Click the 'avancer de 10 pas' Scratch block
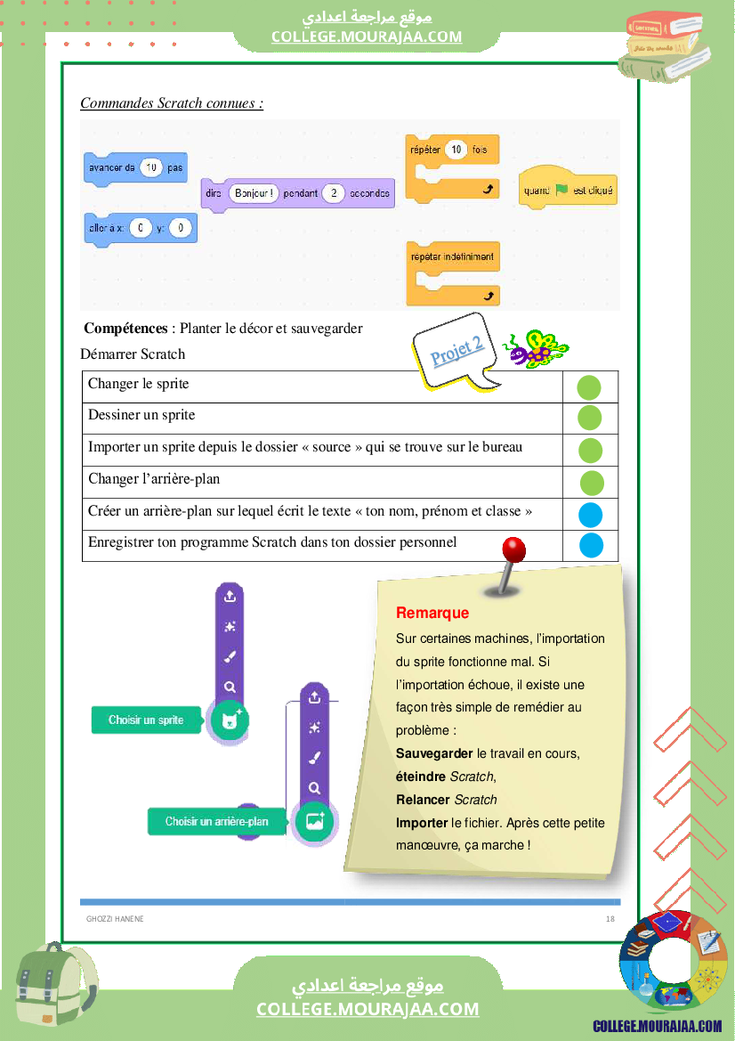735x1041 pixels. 135,167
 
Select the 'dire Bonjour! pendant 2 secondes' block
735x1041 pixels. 298,193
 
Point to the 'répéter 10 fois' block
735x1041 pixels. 452,150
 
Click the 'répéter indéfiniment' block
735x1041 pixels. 452,257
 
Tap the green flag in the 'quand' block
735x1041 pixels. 561,190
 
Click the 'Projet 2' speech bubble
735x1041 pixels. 457,351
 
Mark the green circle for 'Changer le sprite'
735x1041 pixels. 589,387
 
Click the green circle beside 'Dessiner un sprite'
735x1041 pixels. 590,418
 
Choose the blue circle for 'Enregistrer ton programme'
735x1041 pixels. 591,545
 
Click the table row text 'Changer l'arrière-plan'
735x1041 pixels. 154,479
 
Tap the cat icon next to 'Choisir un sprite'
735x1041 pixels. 230,720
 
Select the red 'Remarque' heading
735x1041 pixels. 432,613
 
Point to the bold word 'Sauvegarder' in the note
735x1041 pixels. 434,753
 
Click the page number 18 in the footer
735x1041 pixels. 610,919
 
